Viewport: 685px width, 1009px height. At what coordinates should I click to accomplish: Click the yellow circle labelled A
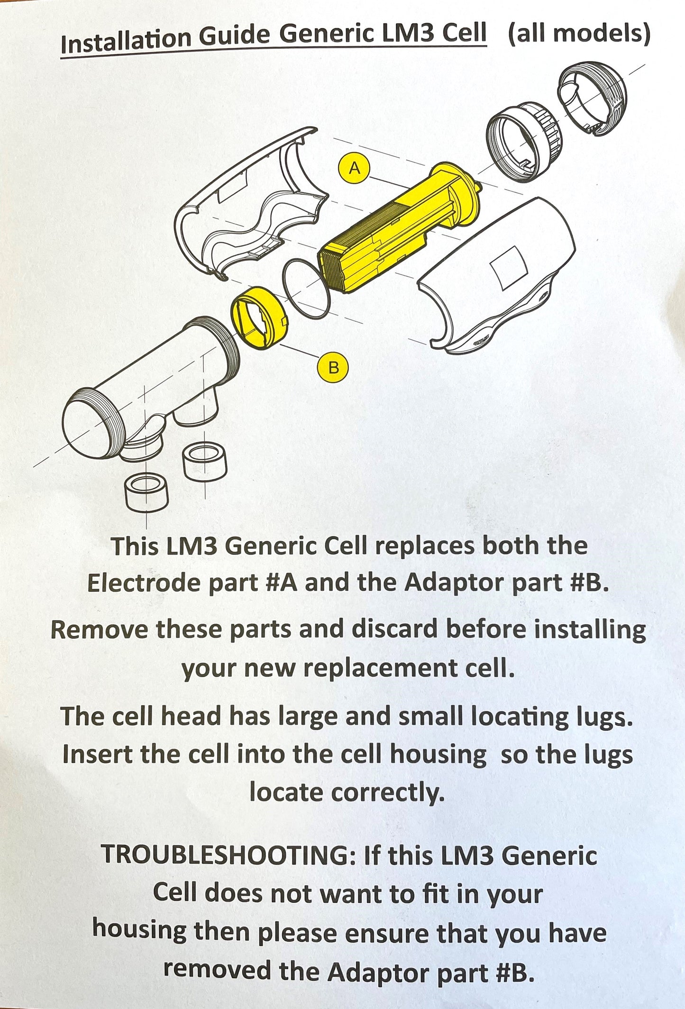(355, 168)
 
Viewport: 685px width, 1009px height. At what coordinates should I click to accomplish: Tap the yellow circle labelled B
(333, 367)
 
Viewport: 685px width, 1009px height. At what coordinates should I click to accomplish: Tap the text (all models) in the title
(579, 34)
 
